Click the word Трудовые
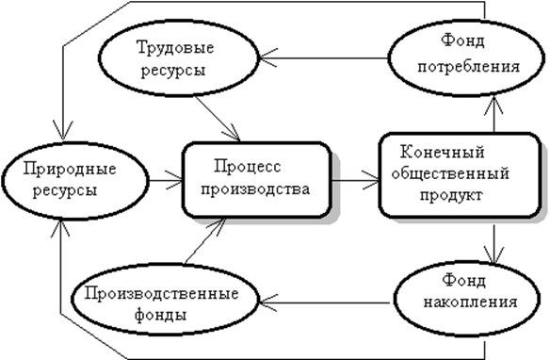(175, 48)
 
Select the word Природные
(70, 170)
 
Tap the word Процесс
(248, 166)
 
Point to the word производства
(255, 189)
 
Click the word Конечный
(443, 153)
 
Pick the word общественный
(450, 174)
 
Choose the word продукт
(451, 195)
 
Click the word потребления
(468, 66)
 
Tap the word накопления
(470, 302)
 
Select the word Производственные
(161, 293)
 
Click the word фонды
(160, 315)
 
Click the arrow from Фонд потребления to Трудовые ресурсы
(324, 57)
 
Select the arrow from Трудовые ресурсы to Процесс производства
(218, 119)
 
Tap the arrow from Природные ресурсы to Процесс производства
(166, 181)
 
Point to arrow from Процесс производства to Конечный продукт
(355, 181)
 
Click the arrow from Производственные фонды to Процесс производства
(205, 240)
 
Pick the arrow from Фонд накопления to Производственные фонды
(325, 303)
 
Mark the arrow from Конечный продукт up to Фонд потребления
(493, 115)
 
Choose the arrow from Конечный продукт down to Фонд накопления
(493, 244)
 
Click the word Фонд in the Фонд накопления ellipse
(463, 281)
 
